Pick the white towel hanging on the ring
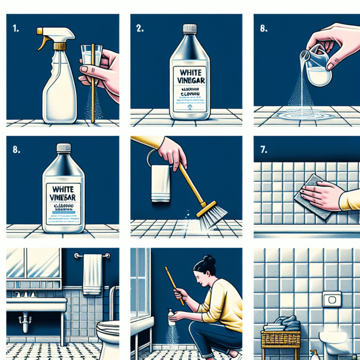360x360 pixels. click(x=160, y=183)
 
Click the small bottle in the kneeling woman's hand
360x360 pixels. click(x=172, y=318)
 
